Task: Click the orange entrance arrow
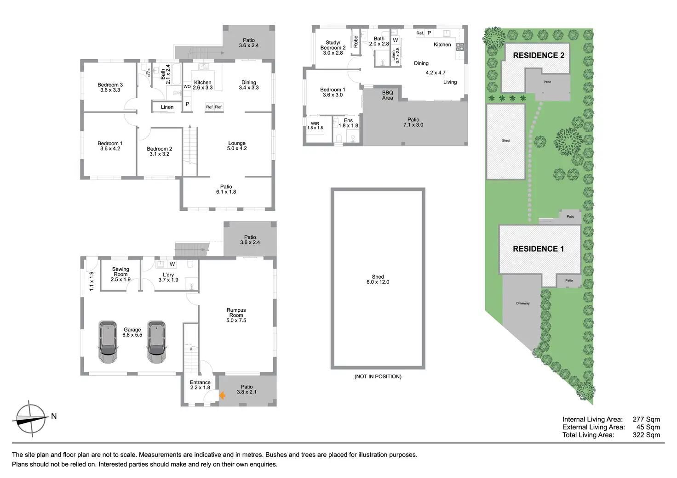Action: click(222, 395)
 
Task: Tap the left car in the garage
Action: click(108, 342)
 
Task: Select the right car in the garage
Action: click(156, 342)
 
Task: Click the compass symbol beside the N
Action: click(31, 418)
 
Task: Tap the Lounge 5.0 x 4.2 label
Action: click(237, 146)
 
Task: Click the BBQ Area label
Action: click(388, 95)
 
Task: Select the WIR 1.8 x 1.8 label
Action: click(315, 125)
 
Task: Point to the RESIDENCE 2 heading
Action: click(539, 55)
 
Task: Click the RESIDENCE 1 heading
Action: click(538, 249)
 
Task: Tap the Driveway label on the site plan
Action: click(523, 304)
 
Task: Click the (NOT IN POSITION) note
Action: click(378, 377)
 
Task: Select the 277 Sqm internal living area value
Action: click(646, 419)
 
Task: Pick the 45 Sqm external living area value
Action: click(648, 427)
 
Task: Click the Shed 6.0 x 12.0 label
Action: click(378, 279)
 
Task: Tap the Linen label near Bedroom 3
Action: click(167, 107)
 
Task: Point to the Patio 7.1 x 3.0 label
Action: click(413, 122)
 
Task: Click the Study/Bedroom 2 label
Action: click(333, 48)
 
